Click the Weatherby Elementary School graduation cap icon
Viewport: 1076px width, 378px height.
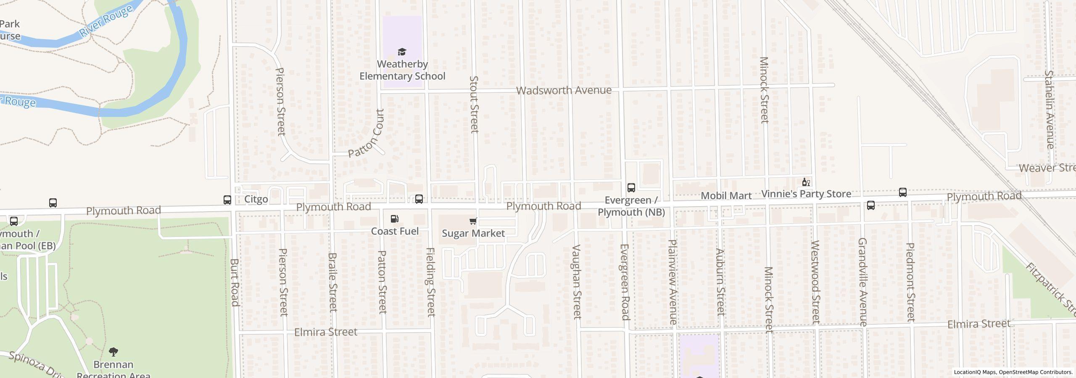coord(402,52)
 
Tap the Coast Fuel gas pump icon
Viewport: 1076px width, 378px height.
coord(394,219)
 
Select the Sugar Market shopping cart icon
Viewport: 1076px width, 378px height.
coord(473,221)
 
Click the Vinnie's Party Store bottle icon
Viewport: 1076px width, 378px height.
coord(805,182)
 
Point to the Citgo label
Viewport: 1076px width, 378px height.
coord(256,199)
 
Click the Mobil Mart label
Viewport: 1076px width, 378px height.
coord(726,196)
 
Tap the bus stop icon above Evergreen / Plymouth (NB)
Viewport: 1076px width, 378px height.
coord(631,188)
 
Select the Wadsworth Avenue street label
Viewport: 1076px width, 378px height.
coord(563,90)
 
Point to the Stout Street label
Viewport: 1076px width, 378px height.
coord(474,104)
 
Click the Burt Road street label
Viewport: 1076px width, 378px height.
coord(235,282)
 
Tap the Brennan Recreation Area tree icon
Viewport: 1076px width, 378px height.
coord(113,352)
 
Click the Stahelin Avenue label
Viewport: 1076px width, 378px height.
coord(1049,109)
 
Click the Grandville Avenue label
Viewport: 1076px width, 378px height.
coord(862,282)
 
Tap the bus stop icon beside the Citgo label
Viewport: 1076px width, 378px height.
coord(227,200)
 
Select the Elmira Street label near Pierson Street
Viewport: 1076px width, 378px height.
coord(325,332)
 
